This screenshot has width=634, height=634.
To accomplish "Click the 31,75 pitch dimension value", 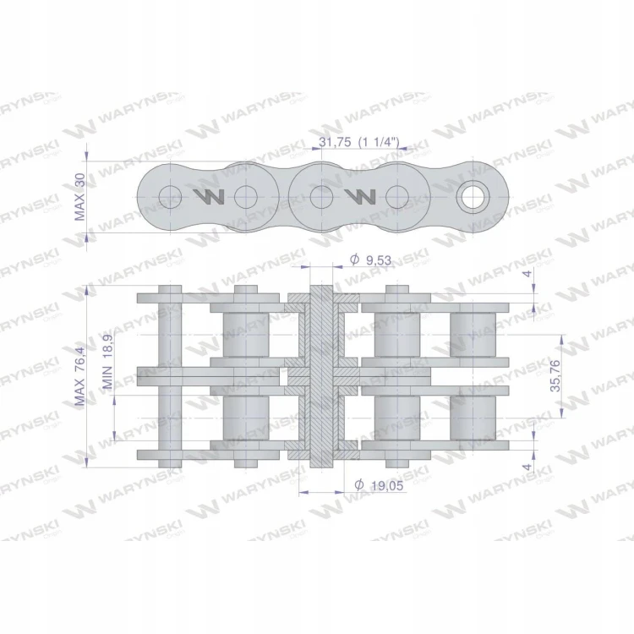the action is click(335, 142).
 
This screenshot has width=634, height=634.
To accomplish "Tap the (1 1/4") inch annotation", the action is click(379, 142).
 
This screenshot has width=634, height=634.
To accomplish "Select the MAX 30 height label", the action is click(80, 197).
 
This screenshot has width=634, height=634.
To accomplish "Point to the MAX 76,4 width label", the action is click(79, 375).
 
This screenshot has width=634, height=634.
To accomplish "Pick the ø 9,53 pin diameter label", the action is click(370, 260).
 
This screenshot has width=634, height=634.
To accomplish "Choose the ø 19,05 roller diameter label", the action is click(379, 485).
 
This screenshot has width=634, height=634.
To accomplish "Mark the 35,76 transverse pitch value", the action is click(555, 376).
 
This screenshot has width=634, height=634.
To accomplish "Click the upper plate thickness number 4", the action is click(527, 274).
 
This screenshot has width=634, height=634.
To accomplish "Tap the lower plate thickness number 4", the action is click(527, 467).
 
